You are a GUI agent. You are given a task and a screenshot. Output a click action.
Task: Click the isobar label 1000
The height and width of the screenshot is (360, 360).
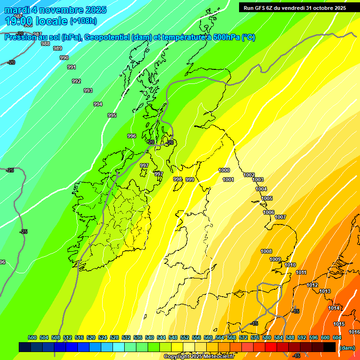point(224,170)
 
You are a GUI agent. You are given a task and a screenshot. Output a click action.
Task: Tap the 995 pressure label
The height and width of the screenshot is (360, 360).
point(112,115)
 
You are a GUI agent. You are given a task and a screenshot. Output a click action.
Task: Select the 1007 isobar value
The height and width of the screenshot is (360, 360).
point(280,217)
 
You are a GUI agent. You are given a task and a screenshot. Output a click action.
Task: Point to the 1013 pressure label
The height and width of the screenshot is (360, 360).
point(325,292)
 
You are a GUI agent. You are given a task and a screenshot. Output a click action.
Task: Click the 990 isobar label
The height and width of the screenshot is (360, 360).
point(64,58)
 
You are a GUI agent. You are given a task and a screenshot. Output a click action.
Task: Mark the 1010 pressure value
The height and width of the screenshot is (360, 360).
point(290,265)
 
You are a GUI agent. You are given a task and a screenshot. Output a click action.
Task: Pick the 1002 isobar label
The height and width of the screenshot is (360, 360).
point(249,175)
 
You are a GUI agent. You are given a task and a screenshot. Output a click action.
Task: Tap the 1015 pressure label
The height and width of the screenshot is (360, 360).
point(339,324)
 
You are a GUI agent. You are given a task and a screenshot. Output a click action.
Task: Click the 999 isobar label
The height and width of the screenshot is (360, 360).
point(190,180)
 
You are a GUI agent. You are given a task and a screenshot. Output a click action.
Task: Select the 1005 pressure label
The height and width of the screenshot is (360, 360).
point(267,198)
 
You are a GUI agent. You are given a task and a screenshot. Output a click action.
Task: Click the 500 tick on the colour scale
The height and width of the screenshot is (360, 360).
point(32,337)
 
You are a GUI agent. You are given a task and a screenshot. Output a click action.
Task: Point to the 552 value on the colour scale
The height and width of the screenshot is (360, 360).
point(185,337)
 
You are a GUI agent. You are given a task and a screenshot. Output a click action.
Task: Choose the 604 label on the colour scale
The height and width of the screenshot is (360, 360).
point(337,337)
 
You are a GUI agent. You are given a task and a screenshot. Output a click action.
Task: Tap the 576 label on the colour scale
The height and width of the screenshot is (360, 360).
point(255,337)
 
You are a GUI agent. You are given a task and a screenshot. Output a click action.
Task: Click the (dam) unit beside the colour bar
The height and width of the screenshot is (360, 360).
point(346,348)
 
